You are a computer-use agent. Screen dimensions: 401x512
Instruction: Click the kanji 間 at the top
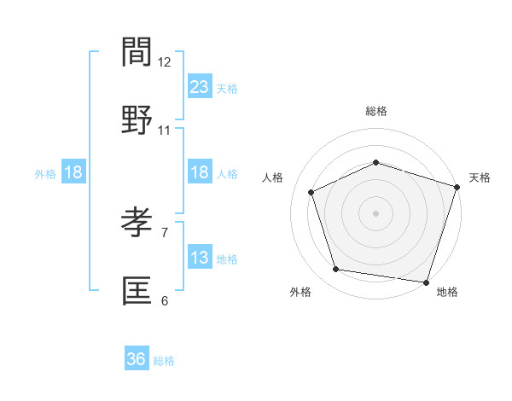tap(137, 53)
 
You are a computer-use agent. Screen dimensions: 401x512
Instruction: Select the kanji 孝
tap(137, 224)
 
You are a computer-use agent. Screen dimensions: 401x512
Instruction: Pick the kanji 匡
tap(137, 291)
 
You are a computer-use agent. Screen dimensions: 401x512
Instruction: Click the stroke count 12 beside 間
tap(165, 62)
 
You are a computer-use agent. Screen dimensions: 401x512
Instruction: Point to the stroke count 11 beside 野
tap(165, 131)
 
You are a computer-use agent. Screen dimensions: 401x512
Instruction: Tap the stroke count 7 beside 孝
tap(165, 232)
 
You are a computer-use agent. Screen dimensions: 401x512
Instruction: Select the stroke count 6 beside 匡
tap(165, 300)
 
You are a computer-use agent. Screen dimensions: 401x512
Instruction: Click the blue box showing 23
tap(200, 86)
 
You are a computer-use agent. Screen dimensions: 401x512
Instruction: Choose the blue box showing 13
tap(200, 258)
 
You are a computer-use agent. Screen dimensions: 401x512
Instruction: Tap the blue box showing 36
tap(137, 359)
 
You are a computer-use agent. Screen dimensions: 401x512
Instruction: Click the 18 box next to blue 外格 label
tap(73, 172)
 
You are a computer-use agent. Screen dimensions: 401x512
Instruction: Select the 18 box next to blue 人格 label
tap(200, 172)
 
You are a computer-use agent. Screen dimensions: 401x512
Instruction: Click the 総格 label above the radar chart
tap(376, 111)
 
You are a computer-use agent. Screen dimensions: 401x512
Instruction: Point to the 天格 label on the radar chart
tap(480, 177)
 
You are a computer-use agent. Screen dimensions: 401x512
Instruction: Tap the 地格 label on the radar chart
tap(447, 292)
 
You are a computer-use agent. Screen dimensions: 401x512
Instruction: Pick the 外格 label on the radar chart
tap(300, 292)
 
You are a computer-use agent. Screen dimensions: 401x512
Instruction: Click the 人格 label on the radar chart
tap(273, 177)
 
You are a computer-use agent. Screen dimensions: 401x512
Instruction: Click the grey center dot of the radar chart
tap(375, 212)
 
